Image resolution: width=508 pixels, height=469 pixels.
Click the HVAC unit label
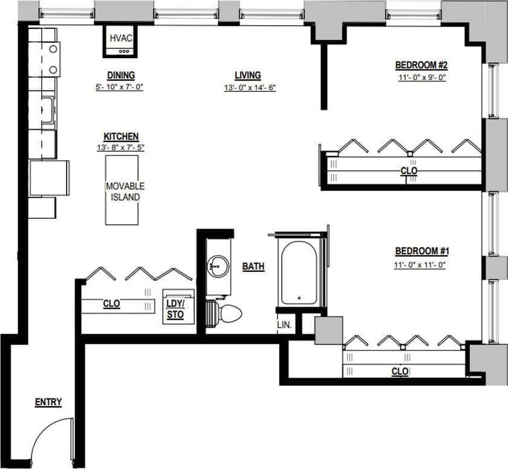pyautogui.click(x=121, y=38)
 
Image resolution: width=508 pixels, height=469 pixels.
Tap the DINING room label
pyautogui.click(x=121, y=76)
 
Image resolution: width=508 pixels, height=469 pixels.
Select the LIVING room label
pyautogui.click(x=248, y=76)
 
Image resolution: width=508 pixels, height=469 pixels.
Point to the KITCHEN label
pyautogui.click(x=121, y=137)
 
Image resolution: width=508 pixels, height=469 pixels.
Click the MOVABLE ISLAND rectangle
pyautogui.click(x=125, y=190)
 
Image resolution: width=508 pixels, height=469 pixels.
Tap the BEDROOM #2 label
pyautogui.click(x=421, y=65)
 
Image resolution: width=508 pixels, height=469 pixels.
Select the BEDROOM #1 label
pyautogui.click(x=421, y=251)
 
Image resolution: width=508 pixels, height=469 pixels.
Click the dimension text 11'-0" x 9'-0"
pyautogui.click(x=421, y=77)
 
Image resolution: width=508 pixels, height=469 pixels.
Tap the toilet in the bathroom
pyautogui.click(x=229, y=312)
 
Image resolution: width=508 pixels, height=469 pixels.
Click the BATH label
pyautogui.click(x=253, y=266)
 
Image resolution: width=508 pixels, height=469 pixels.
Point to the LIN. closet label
pyautogui.click(x=284, y=325)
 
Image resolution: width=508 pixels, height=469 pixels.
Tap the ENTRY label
pyautogui.click(x=48, y=402)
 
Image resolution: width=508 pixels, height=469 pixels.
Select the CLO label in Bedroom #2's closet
pyautogui.click(x=409, y=171)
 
